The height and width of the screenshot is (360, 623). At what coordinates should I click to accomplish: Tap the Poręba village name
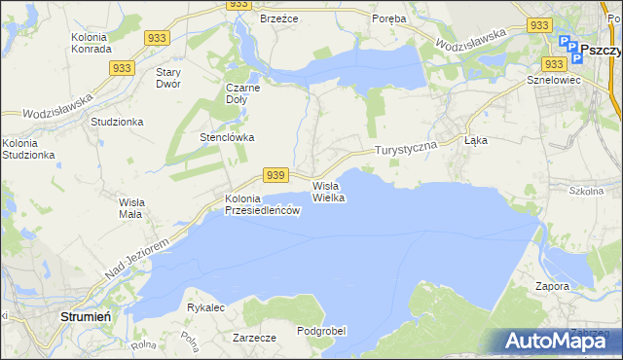pos(389,18)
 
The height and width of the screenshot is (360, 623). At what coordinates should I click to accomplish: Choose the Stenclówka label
pos(227,137)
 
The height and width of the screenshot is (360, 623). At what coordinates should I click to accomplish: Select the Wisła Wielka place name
pos(329,191)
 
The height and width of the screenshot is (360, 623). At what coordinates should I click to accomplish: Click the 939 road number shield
pos(276,174)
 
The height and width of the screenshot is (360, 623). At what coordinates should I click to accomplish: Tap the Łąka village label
pos(476,141)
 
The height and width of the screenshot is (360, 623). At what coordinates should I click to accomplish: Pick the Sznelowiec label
pos(552,80)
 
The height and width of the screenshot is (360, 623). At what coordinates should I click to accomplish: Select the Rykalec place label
pos(206,307)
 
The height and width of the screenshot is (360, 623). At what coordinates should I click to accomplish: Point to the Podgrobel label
pos(321,331)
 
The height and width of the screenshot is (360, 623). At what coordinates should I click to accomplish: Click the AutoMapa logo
pos(554,341)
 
